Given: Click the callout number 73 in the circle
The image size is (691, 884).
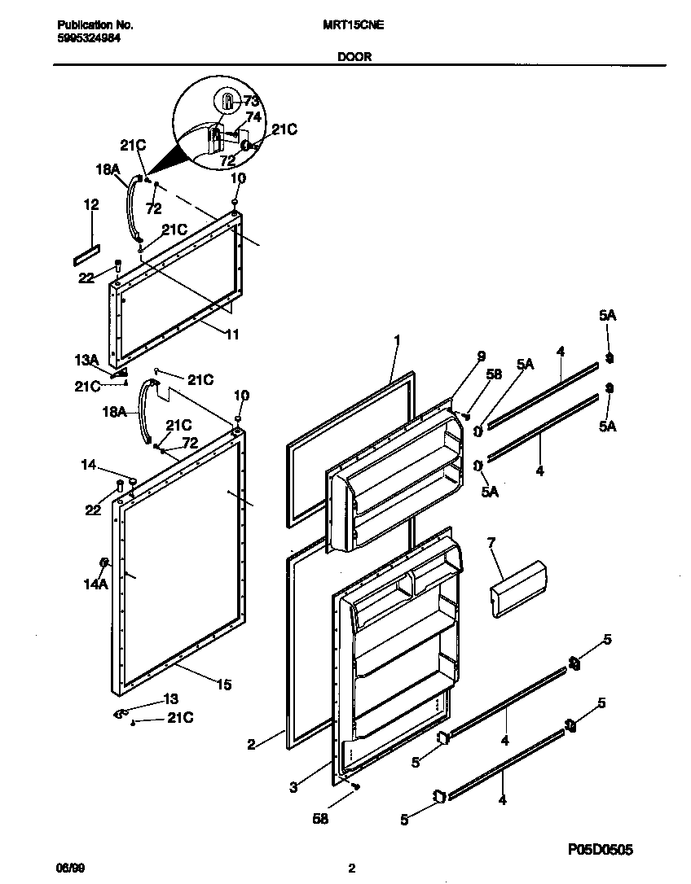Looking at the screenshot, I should (x=251, y=101).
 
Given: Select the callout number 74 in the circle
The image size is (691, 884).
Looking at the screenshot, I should (x=253, y=116).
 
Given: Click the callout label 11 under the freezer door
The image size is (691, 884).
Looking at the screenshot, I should (x=233, y=333).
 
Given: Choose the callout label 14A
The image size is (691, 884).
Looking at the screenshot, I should (x=95, y=584).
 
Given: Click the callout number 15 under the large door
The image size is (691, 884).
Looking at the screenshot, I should (x=222, y=685).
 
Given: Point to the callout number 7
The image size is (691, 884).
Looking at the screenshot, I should (x=491, y=542).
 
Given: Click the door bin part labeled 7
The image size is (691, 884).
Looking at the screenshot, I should (x=518, y=588).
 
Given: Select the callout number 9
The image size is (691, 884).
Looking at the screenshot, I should (x=481, y=355).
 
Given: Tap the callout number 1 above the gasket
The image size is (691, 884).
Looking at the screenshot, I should (x=397, y=340).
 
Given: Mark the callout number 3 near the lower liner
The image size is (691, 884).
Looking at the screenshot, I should (x=293, y=787).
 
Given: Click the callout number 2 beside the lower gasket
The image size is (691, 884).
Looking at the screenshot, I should (x=252, y=742).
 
